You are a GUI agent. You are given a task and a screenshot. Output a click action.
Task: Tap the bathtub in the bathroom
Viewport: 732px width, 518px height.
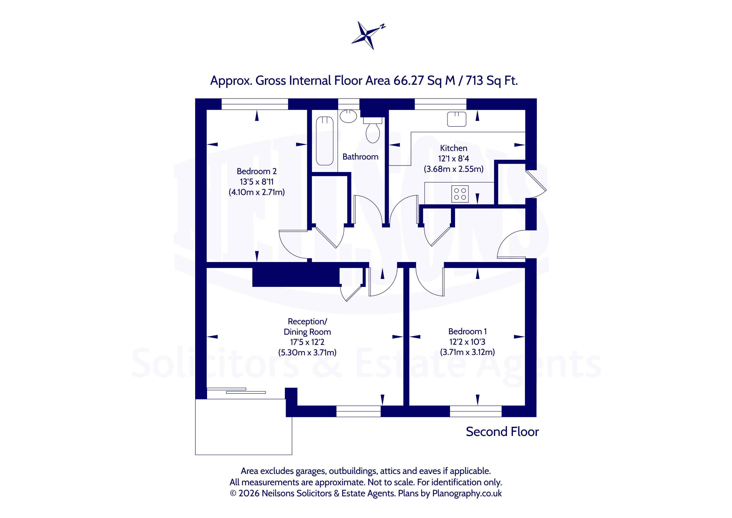pyautogui.click(x=325, y=141)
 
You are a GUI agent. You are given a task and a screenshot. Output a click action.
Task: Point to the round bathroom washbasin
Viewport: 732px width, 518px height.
pyautogui.click(x=348, y=116)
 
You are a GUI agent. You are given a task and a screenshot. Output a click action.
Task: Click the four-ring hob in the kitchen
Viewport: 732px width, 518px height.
pyautogui.click(x=460, y=194)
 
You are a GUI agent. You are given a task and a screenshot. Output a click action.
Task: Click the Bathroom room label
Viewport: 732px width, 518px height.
pyautogui.click(x=360, y=157)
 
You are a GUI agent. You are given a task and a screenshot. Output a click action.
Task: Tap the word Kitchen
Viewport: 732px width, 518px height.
pyautogui.click(x=453, y=148)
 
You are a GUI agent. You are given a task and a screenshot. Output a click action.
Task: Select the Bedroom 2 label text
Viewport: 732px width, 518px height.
pyautogui.click(x=257, y=171)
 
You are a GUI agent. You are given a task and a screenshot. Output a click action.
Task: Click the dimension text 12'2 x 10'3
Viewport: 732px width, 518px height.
pyautogui.click(x=467, y=342)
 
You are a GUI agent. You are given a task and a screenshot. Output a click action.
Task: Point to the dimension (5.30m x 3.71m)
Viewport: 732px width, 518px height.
pyautogui.click(x=307, y=352)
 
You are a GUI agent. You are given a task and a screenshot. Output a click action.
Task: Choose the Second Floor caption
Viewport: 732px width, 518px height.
pyautogui.click(x=502, y=432)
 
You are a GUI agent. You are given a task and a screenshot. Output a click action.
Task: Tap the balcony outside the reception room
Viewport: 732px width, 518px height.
pyautogui.click(x=244, y=427)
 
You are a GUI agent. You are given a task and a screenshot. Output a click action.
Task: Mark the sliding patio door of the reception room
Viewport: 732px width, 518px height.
pyautogui.click(x=236, y=391)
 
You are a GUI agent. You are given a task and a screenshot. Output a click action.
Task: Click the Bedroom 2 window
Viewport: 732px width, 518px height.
pyautogui.click(x=255, y=104)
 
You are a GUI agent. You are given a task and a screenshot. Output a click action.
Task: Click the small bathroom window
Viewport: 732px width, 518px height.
pyautogui.click(x=349, y=104)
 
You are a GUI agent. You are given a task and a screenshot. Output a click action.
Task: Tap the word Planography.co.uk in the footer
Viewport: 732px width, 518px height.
pyautogui.click(x=467, y=493)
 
